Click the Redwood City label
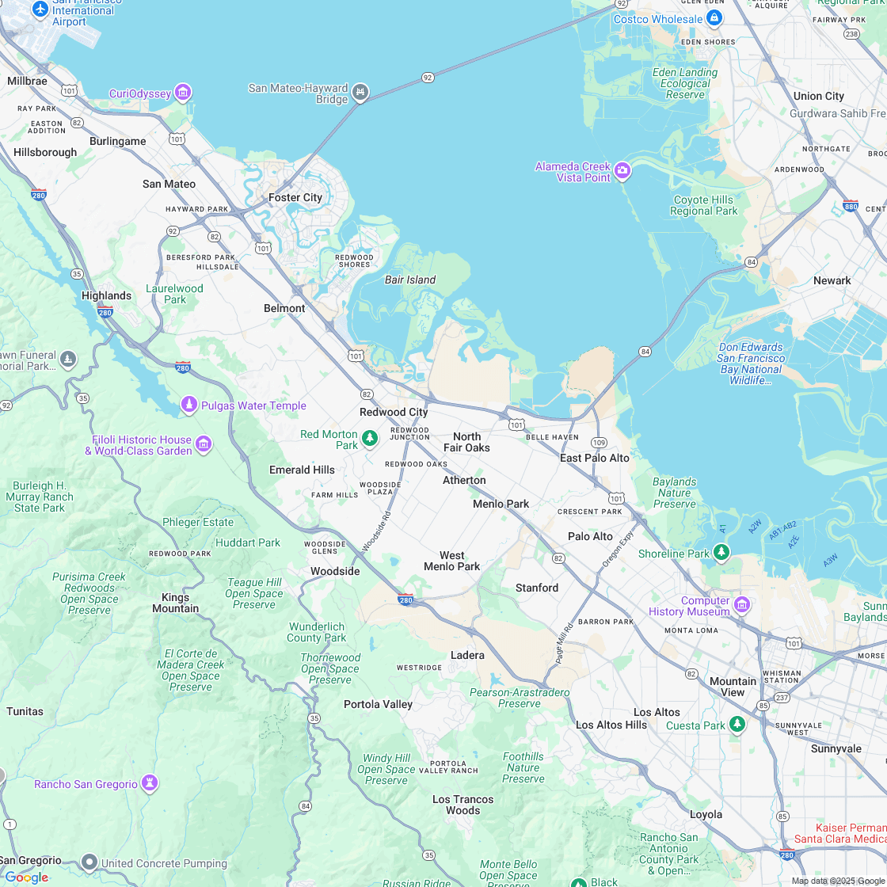[394, 412]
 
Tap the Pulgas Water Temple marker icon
[189, 405]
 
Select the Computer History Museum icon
[741, 606]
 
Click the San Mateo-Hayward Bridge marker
[360, 91]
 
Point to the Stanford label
[537, 588]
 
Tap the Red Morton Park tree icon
[369, 437]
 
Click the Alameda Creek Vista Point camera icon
[622, 170]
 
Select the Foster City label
[295, 197]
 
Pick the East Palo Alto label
[595, 458]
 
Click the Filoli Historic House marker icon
[204, 443]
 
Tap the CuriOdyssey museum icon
[184, 93]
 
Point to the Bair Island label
[410, 280]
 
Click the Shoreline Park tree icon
[721, 552]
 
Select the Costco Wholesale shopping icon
[714, 17]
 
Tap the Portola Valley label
[378, 704]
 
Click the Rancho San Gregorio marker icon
[150, 783]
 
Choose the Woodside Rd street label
[376, 531]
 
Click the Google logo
[26, 877]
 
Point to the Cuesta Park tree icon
[737, 724]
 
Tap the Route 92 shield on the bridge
[428, 78]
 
